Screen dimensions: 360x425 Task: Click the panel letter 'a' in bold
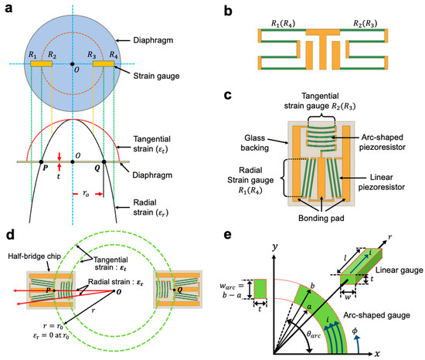[7, 8]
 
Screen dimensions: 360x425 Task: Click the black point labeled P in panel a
[42, 162]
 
